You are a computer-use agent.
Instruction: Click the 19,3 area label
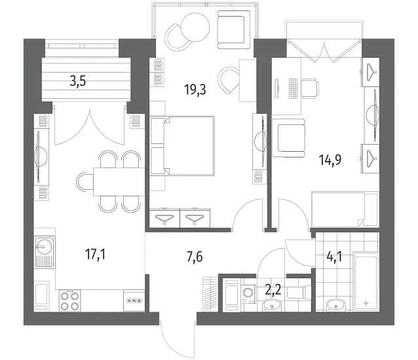coord(195,90)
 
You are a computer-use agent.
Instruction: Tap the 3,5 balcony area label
coord(78,81)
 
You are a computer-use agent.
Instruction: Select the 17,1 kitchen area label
coord(95,255)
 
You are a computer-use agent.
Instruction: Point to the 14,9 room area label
coord(330,160)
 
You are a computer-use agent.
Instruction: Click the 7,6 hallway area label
coord(195,257)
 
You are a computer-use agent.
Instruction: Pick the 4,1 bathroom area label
coord(334,257)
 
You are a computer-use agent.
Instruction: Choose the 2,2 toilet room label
coord(273,290)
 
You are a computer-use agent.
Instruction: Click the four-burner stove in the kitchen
coord(70,300)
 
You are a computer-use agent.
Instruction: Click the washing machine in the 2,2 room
coord(248,295)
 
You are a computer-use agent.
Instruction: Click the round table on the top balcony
coord(195,27)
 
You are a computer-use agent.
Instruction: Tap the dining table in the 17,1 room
coord(119,181)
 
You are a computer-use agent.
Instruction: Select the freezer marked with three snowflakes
coord(134,301)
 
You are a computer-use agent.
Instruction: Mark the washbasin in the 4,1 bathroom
coord(336,305)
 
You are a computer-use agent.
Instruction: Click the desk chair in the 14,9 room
coord(310,88)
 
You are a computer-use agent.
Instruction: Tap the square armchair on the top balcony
coord(234,29)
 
